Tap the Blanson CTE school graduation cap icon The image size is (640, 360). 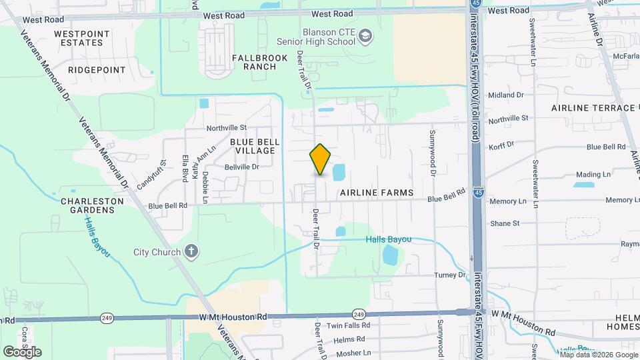pos(365,35)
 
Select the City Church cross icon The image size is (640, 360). pos(191,251)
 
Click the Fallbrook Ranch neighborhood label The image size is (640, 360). pos(254,62)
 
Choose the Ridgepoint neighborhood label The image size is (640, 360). pos(97,69)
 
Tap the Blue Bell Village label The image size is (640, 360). pos(253,146)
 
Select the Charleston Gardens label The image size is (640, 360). pos(92,205)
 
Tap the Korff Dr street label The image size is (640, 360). pos(501,145)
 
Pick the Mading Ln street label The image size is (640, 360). pos(593,174)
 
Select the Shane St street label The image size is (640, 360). pos(504,223)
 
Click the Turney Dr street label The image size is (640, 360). pos(450,275)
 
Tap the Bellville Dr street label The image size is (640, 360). pos(241,167)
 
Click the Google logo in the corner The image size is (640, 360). pos(23,351)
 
